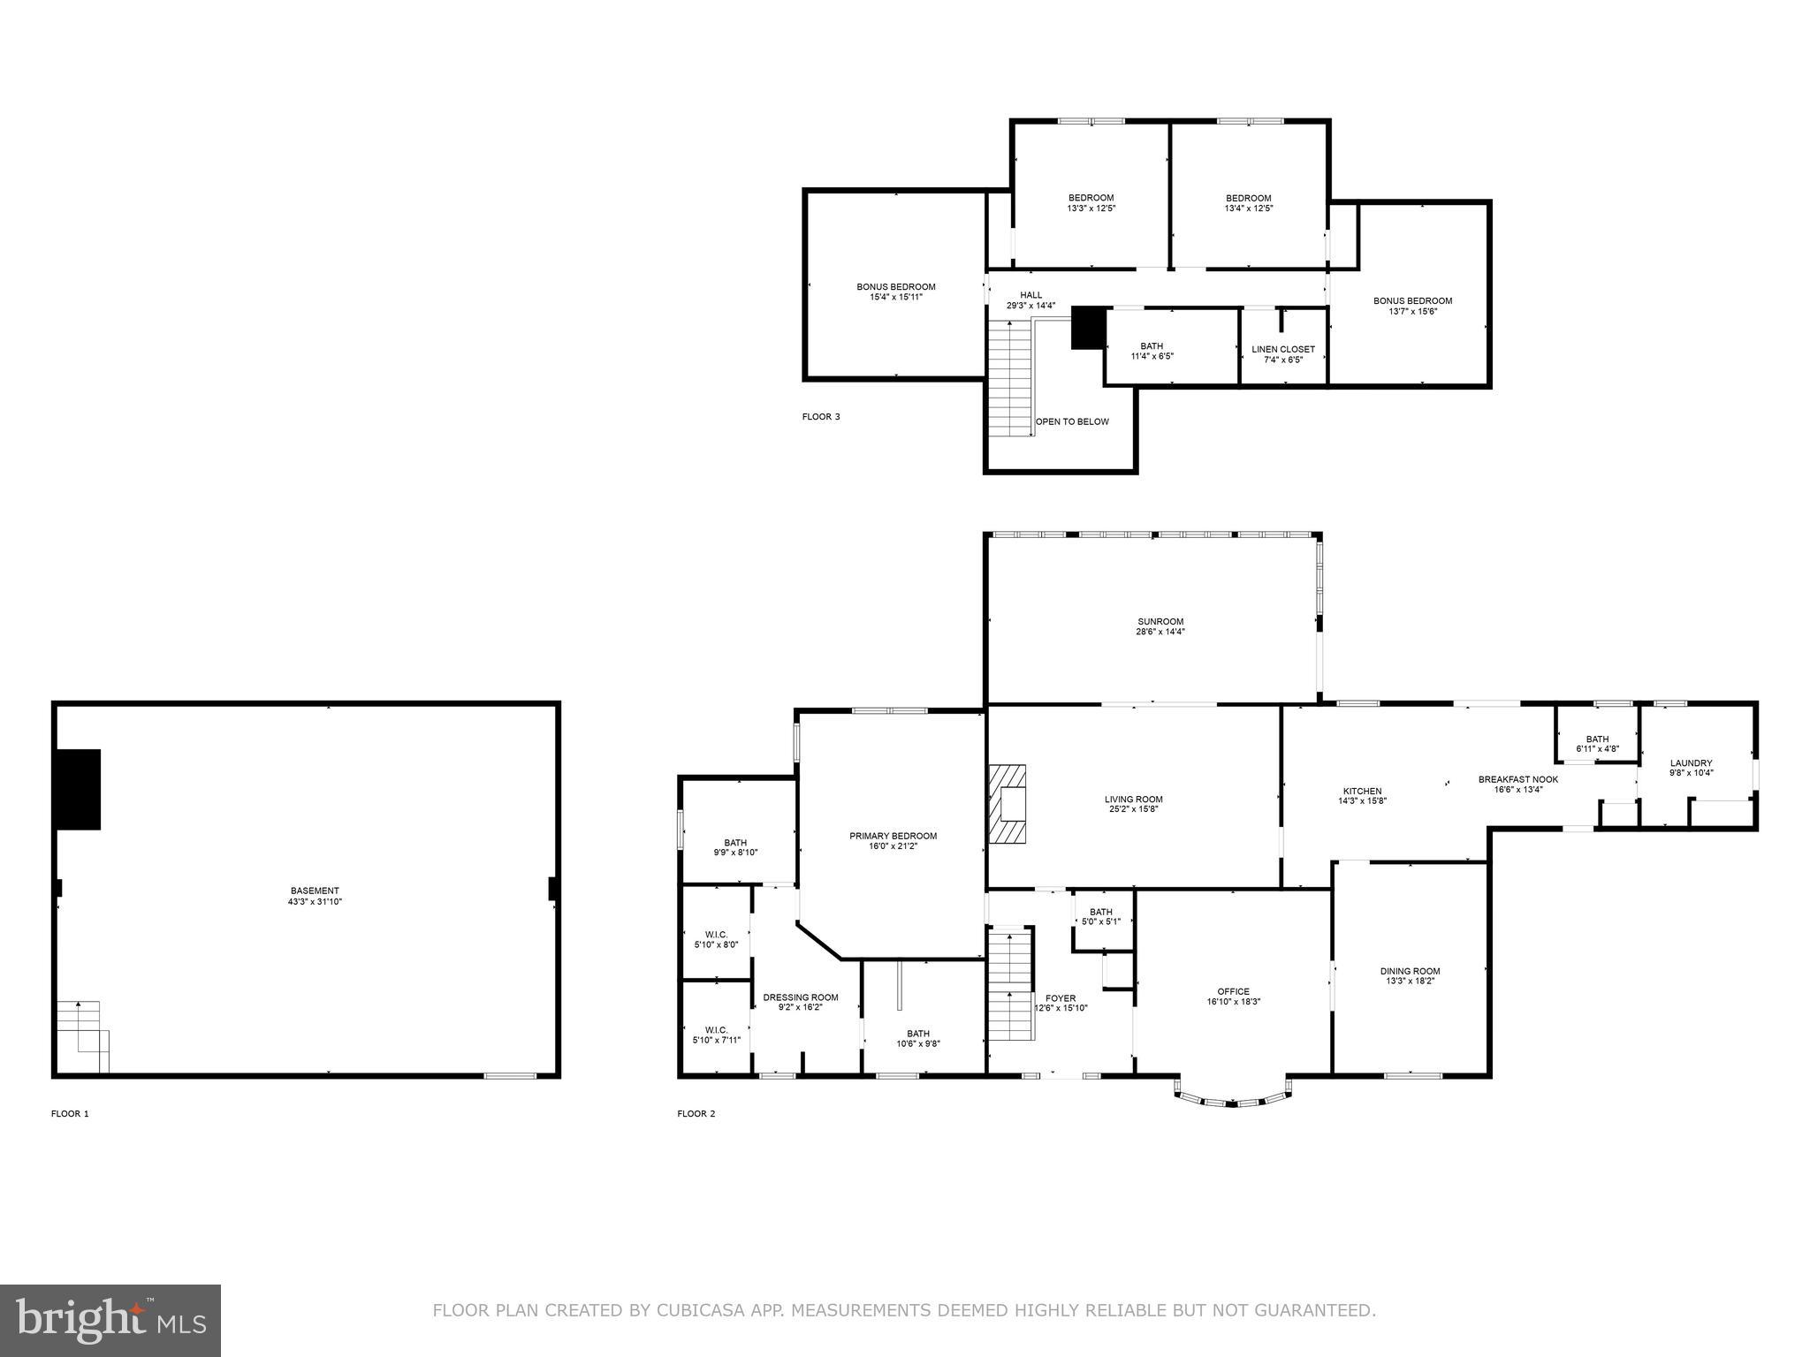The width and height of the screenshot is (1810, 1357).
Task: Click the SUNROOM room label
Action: point(1160,621)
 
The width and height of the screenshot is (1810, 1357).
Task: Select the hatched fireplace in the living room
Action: point(1008,804)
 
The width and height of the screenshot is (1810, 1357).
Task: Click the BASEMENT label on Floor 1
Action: point(315,891)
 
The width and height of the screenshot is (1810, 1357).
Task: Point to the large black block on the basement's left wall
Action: point(78,789)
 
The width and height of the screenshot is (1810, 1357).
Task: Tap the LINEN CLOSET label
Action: point(1283,349)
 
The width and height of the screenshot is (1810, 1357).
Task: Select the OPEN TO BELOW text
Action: point(1072,421)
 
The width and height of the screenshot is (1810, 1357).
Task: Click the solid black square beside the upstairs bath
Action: point(1088,328)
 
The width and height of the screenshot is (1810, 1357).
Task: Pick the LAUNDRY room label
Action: point(1691,763)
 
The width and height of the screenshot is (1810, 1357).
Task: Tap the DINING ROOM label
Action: point(1410,971)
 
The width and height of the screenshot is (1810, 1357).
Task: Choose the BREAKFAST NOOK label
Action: point(1518,779)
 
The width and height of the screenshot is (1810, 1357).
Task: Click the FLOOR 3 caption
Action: point(821,417)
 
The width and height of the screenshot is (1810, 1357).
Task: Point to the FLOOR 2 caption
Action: point(696,1114)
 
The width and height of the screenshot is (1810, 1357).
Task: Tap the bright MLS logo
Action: point(110,1320)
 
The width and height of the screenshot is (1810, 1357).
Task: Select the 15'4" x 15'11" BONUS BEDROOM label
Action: point(895,286)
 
